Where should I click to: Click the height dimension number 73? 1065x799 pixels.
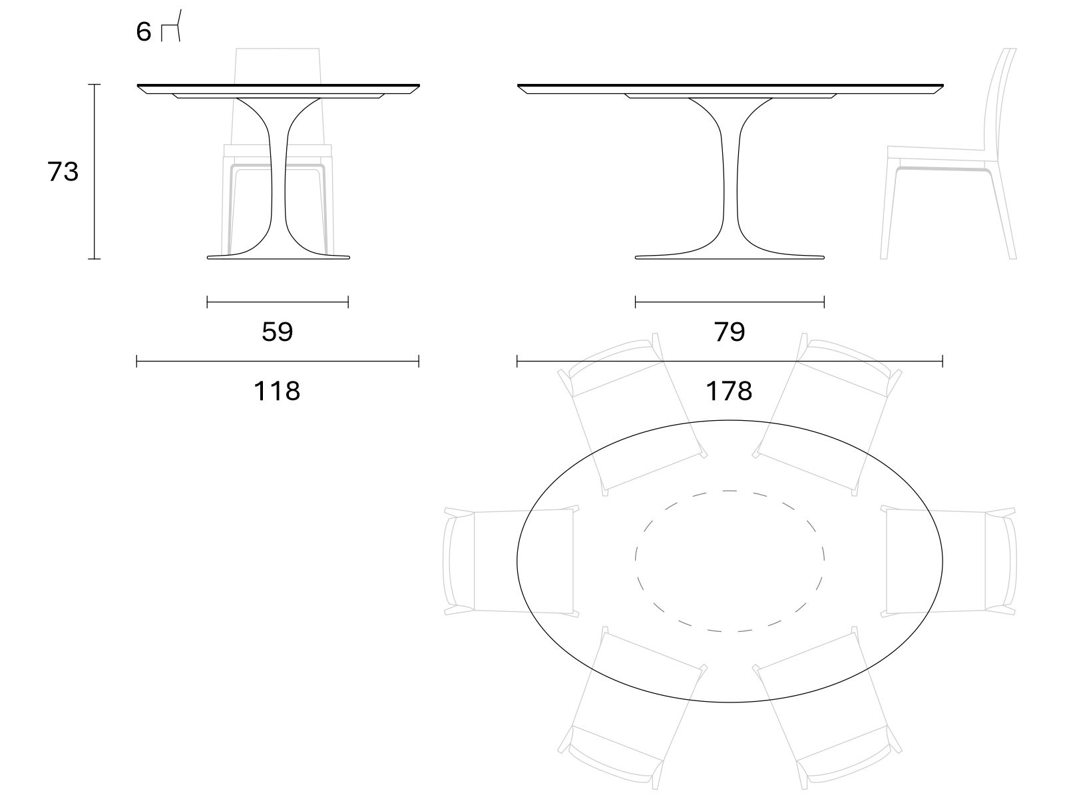click(63, 172)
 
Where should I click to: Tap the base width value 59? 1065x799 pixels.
click(278, 332)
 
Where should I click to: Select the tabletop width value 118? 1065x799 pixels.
click(277, 391)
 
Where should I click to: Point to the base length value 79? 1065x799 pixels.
click(730, 332)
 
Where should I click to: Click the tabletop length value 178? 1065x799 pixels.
click(729, 391)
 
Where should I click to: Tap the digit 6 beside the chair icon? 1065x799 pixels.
click(144, 32)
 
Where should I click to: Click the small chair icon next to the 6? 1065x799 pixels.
click(171, 26)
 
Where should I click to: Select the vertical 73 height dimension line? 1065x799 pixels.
click(94, 172)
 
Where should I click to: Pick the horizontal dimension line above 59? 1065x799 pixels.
click(278, 302)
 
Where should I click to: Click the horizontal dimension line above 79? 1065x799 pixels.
click(730, 302)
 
